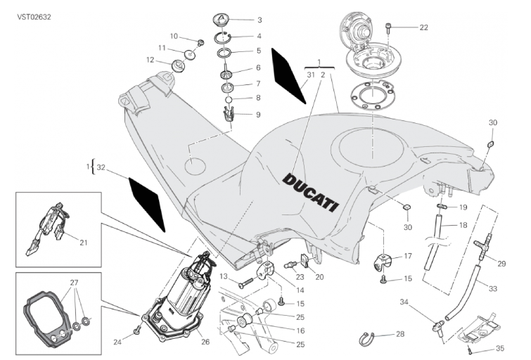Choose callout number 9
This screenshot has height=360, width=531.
click(x=238, y=114)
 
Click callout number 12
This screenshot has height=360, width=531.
click(x=151, y=60)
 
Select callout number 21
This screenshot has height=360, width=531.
click(x=83, y=243)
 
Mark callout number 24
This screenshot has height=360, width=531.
click(x=117, y=343)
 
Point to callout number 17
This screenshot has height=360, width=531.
click(x=407, y=256)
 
